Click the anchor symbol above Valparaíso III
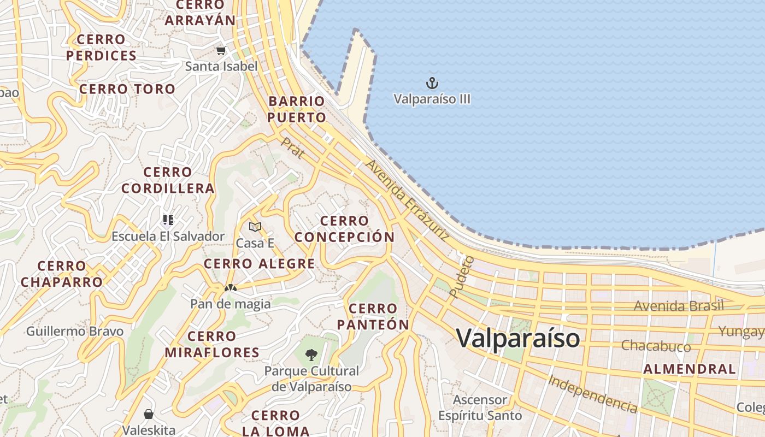click(x=432, y=84)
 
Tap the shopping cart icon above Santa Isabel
click(x=221, y=51)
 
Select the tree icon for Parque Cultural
click(x=311, y=355)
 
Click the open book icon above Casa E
click(x=255, y=227)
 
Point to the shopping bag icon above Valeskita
click(x=148, y=414)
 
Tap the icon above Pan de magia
click(x=230, y=287)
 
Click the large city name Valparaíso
click(x=517, y=338)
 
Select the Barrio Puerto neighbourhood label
click(x=297, y=109)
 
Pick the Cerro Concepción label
click(x=344, y=229)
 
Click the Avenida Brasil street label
click(x=678, y=305)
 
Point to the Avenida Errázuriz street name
click(x=408, y=200)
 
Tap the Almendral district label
click(x=689, y=369)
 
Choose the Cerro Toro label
click(x=127, y=89)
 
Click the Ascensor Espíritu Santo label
click(x=480, y=408)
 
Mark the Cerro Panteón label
click(x=373, y=317)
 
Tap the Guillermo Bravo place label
click(x=75, y=331)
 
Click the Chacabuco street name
click(x=656, y=346)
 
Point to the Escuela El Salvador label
click(x=168, y=237)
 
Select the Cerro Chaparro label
click(x=62, y=274)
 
